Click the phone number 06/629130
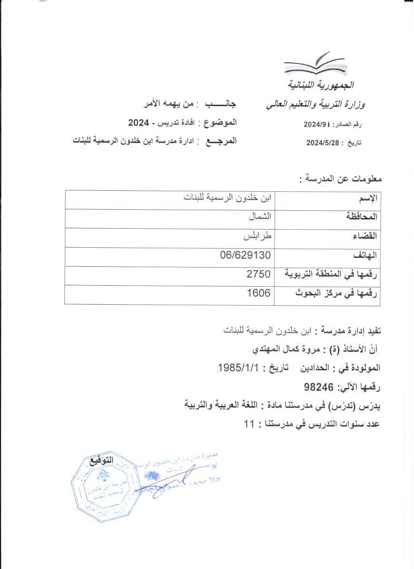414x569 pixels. point(245,256)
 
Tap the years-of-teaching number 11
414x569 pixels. point(248,423)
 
